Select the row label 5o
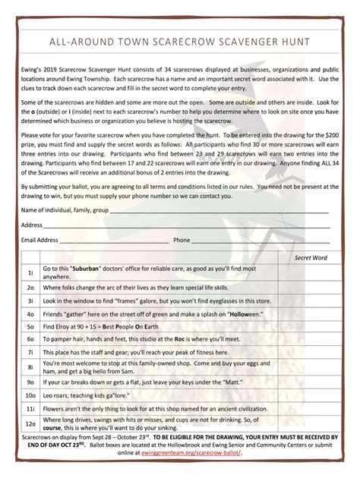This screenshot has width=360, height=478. [x=30, y=325]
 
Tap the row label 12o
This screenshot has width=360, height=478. [x=30, y=423]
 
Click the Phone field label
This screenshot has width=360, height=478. [x=182, y=240]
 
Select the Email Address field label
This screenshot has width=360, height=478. [x=39, y=240]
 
